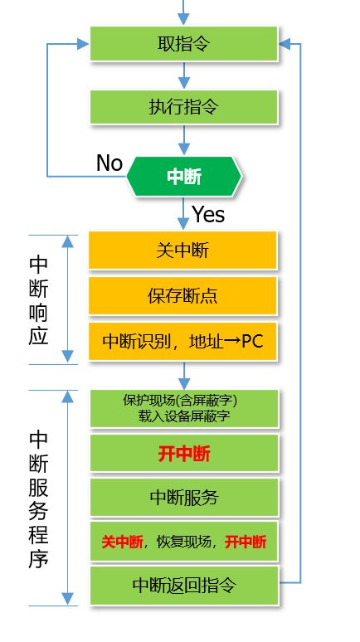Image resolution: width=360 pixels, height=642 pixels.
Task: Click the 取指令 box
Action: coord(183,43)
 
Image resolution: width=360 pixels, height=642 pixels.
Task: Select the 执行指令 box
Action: coord(183,107)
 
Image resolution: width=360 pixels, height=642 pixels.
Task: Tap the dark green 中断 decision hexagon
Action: coord(184,176)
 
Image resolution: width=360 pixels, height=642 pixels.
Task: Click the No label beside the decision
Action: coord(109,163)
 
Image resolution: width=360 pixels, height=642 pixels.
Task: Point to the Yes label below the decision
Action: coord(208,214)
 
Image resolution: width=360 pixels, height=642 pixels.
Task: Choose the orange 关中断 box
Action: coord(183,250)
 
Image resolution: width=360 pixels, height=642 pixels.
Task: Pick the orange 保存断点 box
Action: coord(183,295)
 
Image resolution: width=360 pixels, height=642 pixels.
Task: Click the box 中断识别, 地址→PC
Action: coord(183,341)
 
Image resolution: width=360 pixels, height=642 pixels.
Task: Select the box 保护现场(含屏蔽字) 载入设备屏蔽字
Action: coord(183,407)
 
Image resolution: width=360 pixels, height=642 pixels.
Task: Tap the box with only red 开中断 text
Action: coord(183,454)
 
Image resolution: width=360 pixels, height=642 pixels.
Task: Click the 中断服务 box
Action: coord(183,498)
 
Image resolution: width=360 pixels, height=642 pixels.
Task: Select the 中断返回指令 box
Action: coord(183,585)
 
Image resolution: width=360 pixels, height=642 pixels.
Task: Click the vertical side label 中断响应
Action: coord(38,299)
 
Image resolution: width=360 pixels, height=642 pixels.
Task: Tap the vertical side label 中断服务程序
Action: coord(38,498)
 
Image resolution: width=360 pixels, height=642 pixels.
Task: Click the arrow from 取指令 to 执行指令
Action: coord(183,75)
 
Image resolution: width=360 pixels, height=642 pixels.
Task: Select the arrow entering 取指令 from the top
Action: coord(183,12)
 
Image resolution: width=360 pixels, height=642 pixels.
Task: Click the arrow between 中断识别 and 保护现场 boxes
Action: coord(183,374)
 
